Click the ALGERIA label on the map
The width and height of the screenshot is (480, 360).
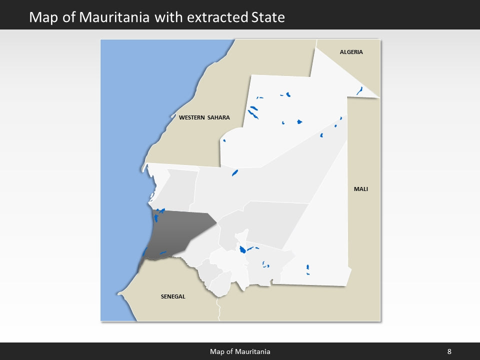[351, 52]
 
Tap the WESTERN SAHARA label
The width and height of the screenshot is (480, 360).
[204, 118]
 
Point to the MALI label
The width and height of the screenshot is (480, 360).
[360, 189]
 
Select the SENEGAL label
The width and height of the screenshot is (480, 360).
[173, 296]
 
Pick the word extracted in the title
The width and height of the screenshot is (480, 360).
[216, 17]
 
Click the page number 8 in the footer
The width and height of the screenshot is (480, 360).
[449, 351]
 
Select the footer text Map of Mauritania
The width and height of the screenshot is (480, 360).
[240, 351]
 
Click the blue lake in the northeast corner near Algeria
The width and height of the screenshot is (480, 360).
[359, 90]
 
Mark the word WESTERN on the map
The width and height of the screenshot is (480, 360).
[191, 118]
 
